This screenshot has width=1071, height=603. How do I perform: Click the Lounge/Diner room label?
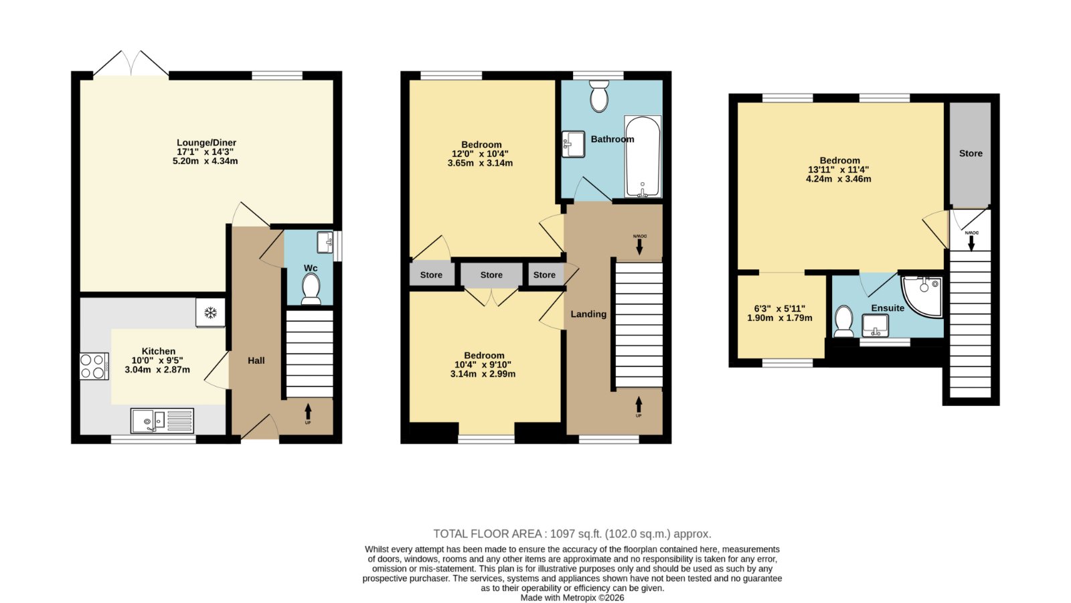(x=207, y=143)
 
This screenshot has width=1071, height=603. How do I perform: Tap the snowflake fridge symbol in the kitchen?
(x=210, y=313)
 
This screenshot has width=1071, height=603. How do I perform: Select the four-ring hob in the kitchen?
(x=94, y=366)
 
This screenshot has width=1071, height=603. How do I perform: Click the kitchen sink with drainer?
(x=162, y=421)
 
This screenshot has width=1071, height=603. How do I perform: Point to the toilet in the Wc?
(x=311, y=289)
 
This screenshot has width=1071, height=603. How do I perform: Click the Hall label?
(x=256, y=360)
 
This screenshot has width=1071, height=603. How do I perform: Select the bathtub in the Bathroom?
(x=643, y=157)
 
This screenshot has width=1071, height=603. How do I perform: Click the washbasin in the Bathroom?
(x=573, y=144)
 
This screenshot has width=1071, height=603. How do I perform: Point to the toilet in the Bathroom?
(x=599, y=96)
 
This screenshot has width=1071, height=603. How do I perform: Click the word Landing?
(x=588, y=314)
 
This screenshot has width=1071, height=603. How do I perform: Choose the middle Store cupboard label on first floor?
(x=491, y=275)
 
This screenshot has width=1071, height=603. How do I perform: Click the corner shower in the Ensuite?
(x=922, y=296)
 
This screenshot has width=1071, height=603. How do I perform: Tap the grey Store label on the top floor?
(x=971, y=153)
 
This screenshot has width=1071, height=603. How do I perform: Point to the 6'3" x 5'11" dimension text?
(x=780, y=309)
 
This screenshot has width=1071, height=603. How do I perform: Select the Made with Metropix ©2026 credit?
(x=572, y=598)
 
